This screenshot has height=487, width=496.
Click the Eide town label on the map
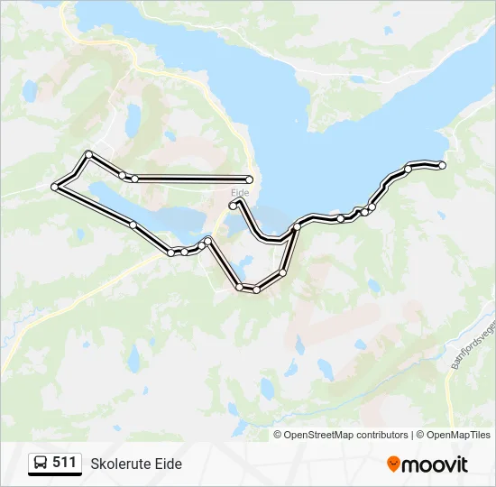coord(240,192)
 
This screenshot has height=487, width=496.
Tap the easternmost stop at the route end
coord(442,165)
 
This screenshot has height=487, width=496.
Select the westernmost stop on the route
coord(55,187)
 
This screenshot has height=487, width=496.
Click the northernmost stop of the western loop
coord(88,154)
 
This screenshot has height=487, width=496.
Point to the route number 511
coord(64,463)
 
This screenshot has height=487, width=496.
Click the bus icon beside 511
coord(41,464)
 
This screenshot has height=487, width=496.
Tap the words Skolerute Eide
coord(136,464)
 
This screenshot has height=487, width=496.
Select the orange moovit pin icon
coord(393,464)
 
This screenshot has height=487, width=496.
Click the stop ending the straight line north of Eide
coord(250,179)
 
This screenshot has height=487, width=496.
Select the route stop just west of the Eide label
coord(233,206)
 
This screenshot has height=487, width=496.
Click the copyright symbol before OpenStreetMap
coord(278,435)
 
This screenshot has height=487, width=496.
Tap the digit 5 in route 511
coord(57,463)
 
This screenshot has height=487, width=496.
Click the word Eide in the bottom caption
coord(169,464)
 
